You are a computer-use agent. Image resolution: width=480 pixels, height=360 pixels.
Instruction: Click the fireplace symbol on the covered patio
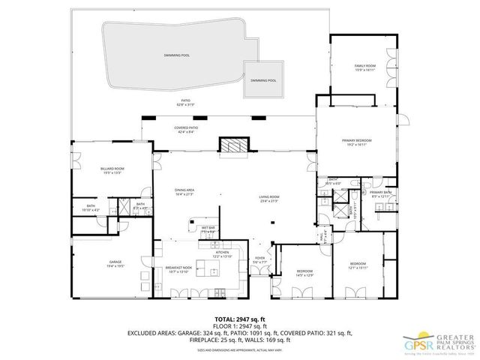point(231,145)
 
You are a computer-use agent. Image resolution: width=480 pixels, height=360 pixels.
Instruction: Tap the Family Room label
point(364,68)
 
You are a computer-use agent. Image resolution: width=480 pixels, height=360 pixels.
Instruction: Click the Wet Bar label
point(208,229)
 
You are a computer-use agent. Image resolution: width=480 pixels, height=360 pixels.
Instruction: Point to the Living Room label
point(269,199)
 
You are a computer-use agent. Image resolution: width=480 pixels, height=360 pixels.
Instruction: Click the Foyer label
point(259,259)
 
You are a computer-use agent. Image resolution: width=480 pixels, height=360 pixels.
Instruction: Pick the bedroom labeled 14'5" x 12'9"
point(304,272)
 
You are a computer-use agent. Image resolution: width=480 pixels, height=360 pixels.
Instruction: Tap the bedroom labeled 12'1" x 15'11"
point(357,265)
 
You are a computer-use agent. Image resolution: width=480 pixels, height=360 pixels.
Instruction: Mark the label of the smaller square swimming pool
point(263,80)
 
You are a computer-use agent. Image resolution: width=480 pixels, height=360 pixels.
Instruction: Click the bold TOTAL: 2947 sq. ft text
point(239,318)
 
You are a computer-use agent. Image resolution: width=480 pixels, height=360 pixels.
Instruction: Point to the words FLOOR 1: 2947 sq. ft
point(239,325)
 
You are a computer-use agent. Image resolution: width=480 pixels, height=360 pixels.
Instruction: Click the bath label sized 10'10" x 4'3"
point(91,208)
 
